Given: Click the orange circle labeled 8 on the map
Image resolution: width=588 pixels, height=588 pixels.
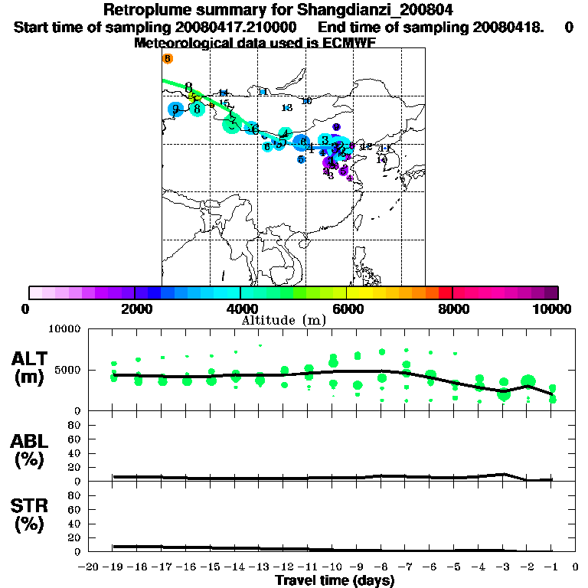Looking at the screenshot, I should [x=168, y=58].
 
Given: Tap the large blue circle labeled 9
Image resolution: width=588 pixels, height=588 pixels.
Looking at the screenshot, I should [x=175, y=109].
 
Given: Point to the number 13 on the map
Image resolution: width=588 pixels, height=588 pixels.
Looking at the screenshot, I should [x=287, y=108].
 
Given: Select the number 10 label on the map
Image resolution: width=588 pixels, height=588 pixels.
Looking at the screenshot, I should [x=307, y=101].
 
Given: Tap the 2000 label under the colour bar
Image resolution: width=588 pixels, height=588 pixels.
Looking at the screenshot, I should [x=135, y=309].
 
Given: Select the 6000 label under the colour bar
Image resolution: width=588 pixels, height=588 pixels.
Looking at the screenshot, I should [x=346, y=309].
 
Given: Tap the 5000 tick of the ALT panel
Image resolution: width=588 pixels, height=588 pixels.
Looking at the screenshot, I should [x=70, y=370].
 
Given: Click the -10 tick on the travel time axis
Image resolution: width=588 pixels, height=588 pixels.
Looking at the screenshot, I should [x=333, y=567].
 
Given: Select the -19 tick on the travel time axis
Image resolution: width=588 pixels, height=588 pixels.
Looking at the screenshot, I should [x=113, y=567].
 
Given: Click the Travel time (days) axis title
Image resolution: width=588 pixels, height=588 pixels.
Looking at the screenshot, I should [x=335, y=581].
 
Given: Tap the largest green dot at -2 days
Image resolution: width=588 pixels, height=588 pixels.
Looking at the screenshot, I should [x=528, y=381].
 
